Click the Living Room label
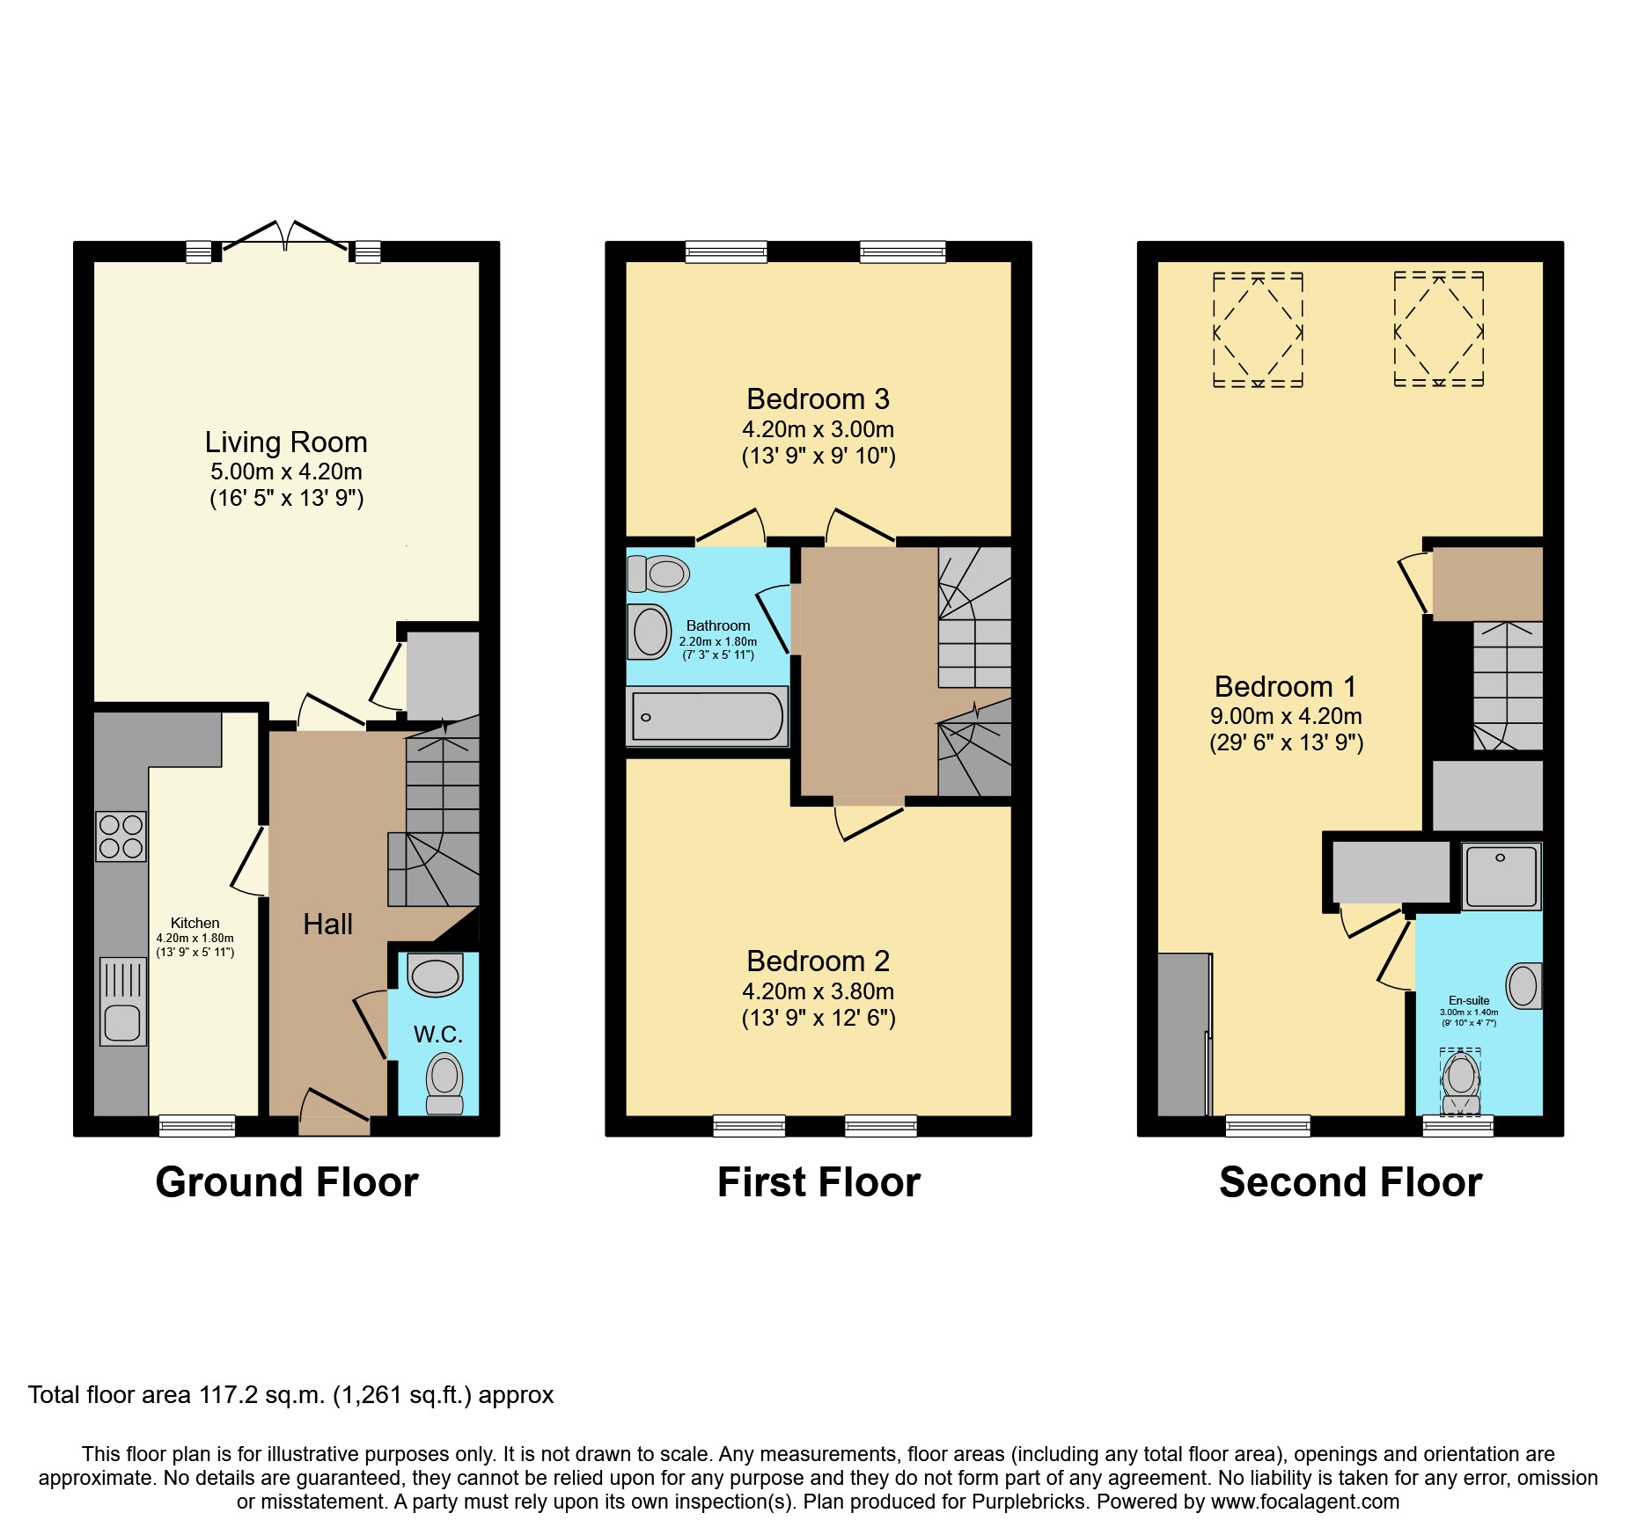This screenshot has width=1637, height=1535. (x=286, y=442)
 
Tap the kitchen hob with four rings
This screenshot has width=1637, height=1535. (x=121, y=837)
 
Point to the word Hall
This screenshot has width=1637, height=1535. (x=327, y=925)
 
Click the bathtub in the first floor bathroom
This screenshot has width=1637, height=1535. (x=707, y=716)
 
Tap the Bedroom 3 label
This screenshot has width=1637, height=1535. (x=818, y=399)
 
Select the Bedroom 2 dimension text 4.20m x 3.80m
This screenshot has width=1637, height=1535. (x=818, y=991)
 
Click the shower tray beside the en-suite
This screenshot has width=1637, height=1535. (x=1501, y=876)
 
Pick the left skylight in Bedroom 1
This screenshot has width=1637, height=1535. (x=1258, y=331)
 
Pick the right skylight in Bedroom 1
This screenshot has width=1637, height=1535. (x=1438, y=331)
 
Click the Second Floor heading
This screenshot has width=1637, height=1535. (x=1350, y=1182)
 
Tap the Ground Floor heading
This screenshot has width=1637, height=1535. (x=287, y=1182)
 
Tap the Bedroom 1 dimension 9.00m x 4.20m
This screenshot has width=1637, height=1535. (x=1286, y=716)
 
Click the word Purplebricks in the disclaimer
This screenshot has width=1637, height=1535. (x=1029, y=1502)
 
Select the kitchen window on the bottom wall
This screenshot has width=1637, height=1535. (x=197, y=1126)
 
